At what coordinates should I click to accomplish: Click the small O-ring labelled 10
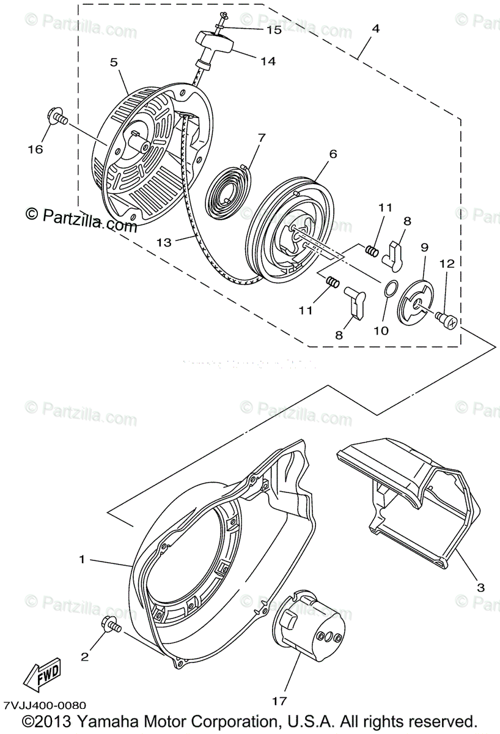tap(390, 287)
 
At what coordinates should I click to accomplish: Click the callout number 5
tap(114, 62)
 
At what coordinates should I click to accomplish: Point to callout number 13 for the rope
tap(164, 242)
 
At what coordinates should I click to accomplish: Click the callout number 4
tap(375, 29)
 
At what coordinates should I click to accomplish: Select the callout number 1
tap(82, 558)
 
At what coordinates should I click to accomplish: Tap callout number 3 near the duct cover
tap(480, 587)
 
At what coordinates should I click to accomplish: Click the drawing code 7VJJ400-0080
tap(44, 705)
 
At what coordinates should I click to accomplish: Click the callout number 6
tap(333, 154)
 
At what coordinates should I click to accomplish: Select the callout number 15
tap(273, 29)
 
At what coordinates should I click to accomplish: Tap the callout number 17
tap(279, 701)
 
